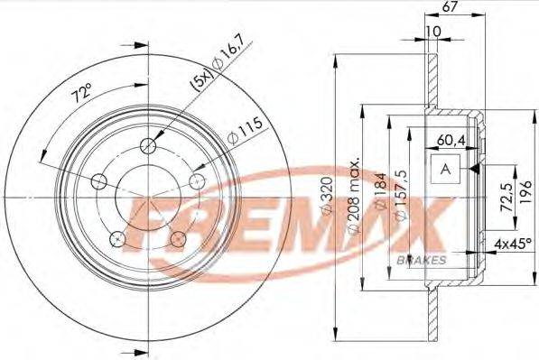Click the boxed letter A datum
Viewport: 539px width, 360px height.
(x=444, y=169)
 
